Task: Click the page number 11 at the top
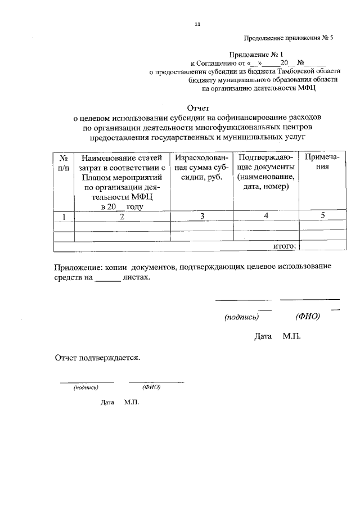click(x=197, y=24)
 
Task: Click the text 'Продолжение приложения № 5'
click(x=289, y=39)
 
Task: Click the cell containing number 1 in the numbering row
click(x=64, y=217)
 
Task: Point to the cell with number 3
click(x=201, y=217)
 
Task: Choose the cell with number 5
click(x=322, y=217)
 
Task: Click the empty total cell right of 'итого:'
click(x=323, y=245)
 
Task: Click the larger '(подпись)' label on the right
click(x=241, y=317)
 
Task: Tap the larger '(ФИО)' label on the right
click(x=307, y=317)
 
